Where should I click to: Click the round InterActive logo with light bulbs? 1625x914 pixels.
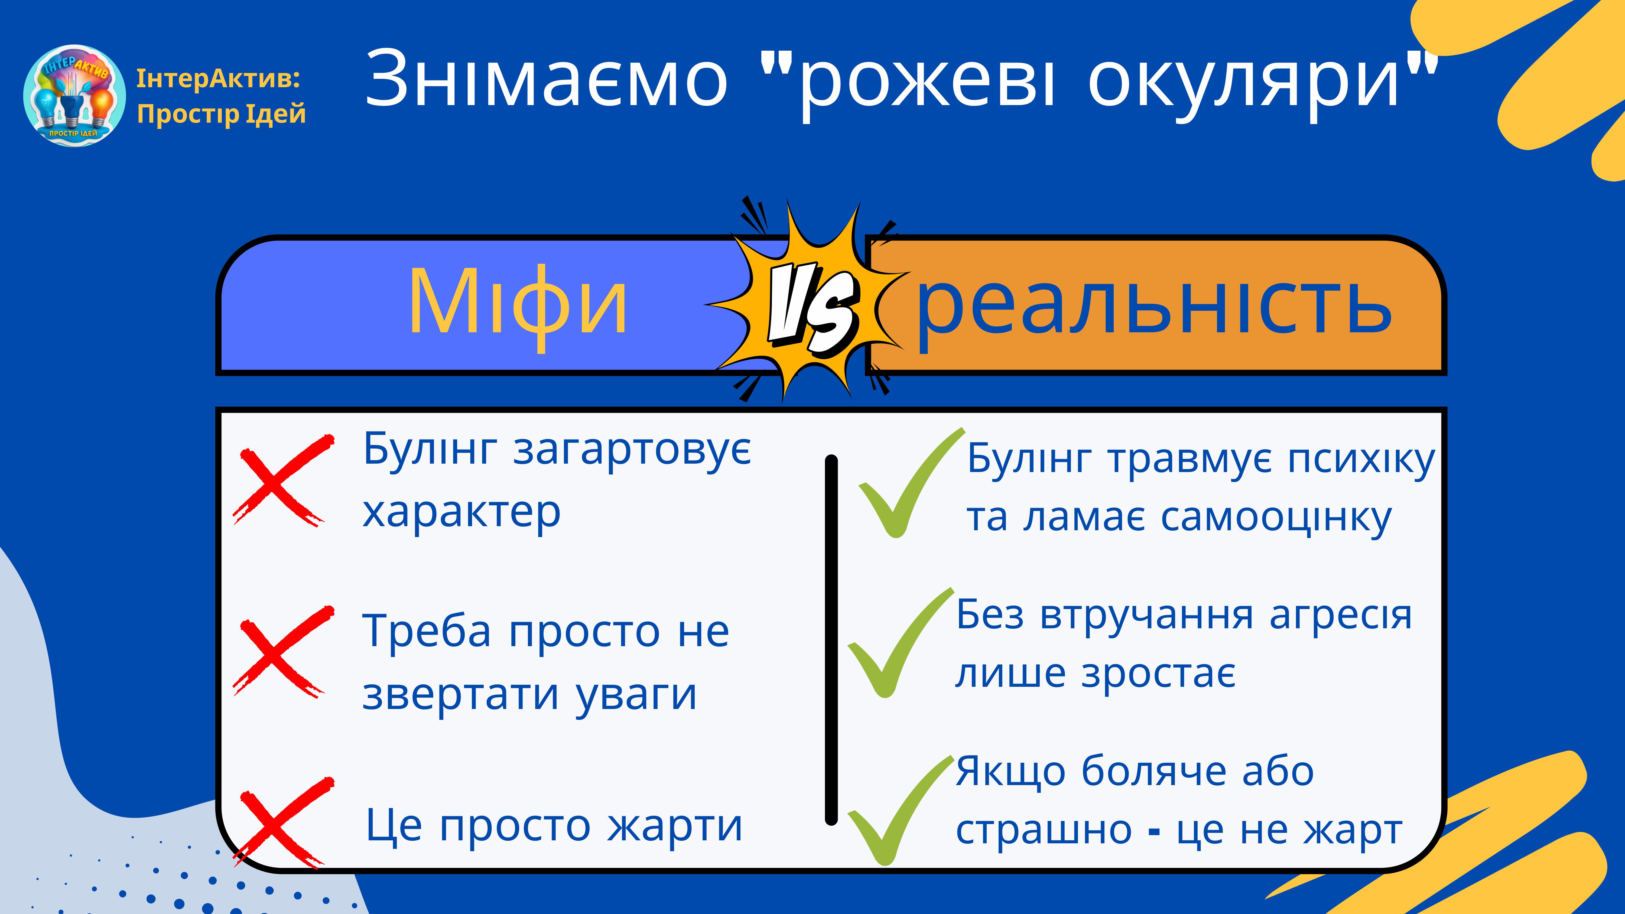[x=74, y=95]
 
